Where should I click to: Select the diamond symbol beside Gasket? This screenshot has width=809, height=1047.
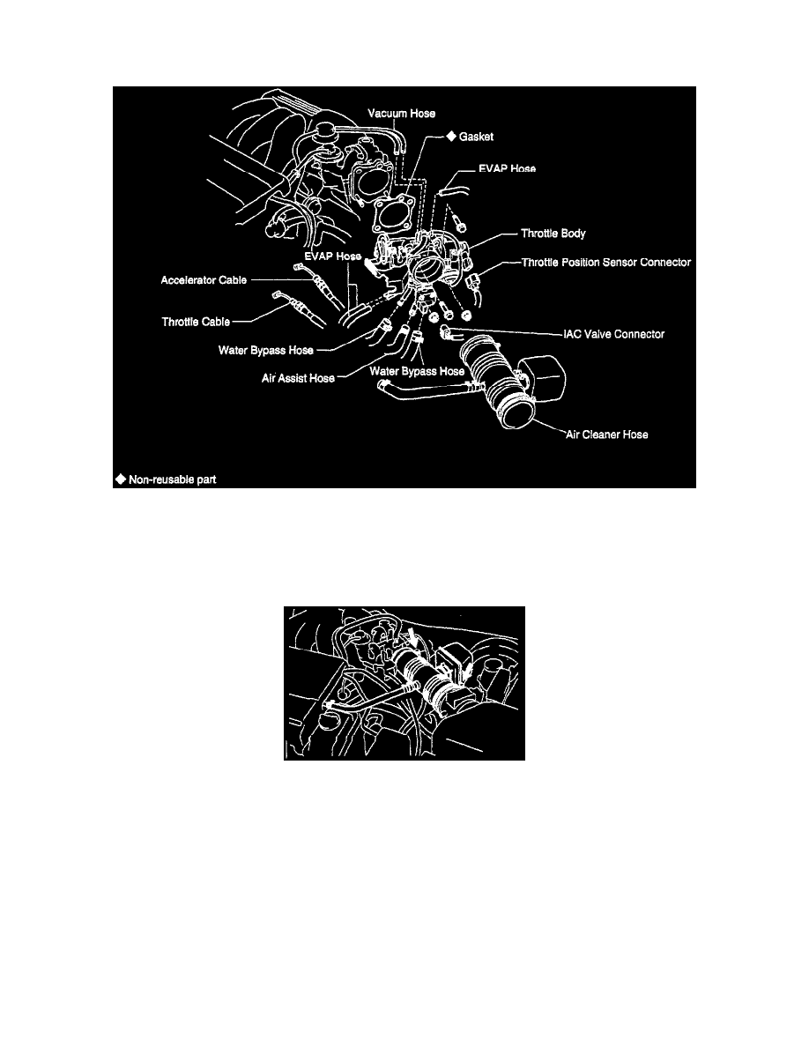tap(449, 137)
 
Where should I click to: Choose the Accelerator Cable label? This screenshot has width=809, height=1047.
tap(202, 281)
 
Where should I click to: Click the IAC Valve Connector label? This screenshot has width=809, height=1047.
tap(613, 335)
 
